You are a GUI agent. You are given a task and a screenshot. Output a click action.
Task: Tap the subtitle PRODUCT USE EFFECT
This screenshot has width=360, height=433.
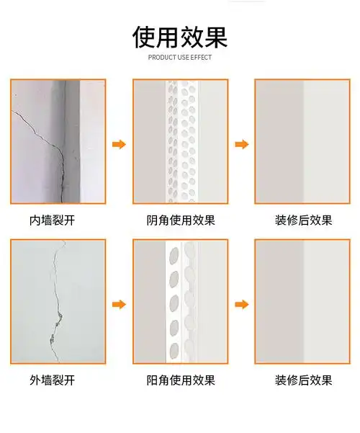point(180,57)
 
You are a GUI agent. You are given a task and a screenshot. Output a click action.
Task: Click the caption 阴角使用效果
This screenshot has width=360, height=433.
point(181,220)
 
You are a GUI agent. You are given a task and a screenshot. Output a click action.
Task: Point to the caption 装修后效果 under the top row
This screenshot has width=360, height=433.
point(303,220)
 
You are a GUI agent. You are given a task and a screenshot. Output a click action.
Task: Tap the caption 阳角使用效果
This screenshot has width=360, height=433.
point(181,380)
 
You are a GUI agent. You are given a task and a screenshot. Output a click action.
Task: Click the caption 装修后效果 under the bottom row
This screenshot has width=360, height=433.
point(303,380)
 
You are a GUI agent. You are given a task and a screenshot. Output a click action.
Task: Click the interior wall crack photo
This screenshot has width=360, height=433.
point(58,141)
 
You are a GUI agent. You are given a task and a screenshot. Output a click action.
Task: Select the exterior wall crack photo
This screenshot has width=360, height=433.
point(58,301)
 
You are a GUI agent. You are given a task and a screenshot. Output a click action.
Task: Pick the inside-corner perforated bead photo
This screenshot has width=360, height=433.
point(181,141)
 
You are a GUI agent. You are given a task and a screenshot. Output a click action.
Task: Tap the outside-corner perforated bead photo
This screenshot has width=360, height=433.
point(181,301)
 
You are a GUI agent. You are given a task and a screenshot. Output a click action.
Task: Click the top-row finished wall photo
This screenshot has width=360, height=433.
point(302,141)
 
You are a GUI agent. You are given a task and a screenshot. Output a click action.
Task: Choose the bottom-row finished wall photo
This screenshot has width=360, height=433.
point(302,301)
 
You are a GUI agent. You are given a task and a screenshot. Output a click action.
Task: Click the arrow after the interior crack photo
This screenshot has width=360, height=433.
point(119,144)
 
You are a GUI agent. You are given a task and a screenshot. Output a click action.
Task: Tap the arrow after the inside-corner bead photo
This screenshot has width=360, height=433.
point(242,144)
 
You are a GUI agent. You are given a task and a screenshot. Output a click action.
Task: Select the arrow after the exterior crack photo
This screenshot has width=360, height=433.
point(119,304)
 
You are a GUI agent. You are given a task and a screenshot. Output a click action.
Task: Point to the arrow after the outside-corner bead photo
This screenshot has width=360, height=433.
point(242,304)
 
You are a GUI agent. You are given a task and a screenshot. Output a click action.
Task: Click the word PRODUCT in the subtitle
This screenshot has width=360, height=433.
point(161,57)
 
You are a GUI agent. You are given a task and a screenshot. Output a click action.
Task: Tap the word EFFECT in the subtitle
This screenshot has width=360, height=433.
point(201,57)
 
